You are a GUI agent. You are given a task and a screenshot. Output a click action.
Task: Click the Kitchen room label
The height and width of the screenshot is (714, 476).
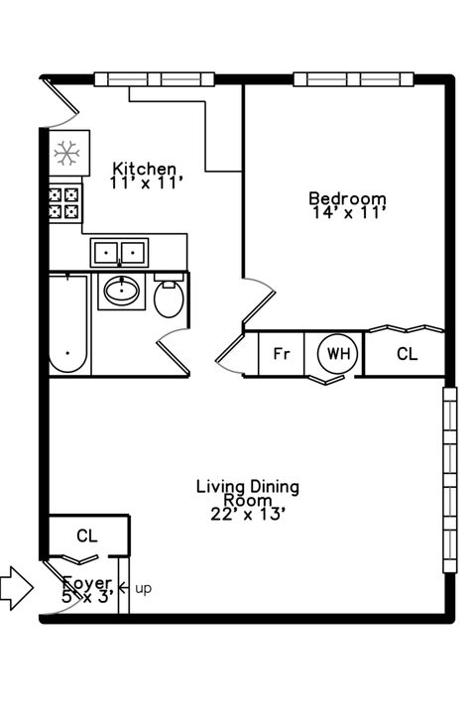click(145, 169)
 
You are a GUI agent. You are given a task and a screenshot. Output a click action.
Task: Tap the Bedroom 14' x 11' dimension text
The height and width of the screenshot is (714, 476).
click(347, 212)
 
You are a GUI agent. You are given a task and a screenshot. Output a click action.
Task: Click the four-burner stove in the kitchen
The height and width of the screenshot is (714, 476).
click(64, 203)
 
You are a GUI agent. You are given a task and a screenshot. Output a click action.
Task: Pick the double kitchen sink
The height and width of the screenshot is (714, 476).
click(119, 252)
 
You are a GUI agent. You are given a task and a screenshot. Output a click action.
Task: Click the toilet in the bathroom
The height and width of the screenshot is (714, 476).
click(170, 297)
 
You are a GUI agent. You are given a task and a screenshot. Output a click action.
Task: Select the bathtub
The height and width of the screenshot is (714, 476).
click(68, 323)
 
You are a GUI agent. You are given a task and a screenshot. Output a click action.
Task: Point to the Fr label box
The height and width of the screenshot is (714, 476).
click(281, 354)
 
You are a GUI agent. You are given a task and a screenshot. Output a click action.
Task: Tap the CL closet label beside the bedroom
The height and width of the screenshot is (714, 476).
click(407, 354)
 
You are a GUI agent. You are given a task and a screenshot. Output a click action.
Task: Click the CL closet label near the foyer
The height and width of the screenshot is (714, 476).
click(87, 536)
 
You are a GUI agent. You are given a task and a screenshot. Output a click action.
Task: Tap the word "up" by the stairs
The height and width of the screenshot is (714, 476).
click(143, 589)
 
